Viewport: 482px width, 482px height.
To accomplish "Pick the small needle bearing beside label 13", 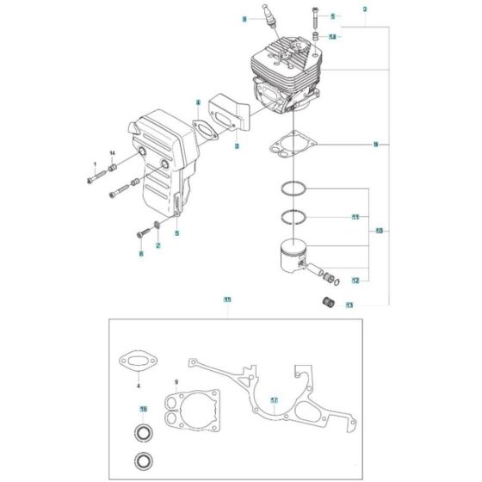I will pos(326,301).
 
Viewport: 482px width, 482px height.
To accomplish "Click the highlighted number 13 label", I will pos(349,305).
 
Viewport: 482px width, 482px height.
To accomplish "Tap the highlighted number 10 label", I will pos(379,230).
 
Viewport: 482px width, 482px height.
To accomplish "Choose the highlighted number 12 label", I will pos(355,280).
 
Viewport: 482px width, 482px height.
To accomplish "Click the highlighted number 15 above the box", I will pos(227,300).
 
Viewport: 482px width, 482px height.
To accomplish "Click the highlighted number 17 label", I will pos(274,400).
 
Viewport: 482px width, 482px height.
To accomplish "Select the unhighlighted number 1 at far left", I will pos(95,164).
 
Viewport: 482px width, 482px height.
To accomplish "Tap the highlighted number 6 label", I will pos(141,254).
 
